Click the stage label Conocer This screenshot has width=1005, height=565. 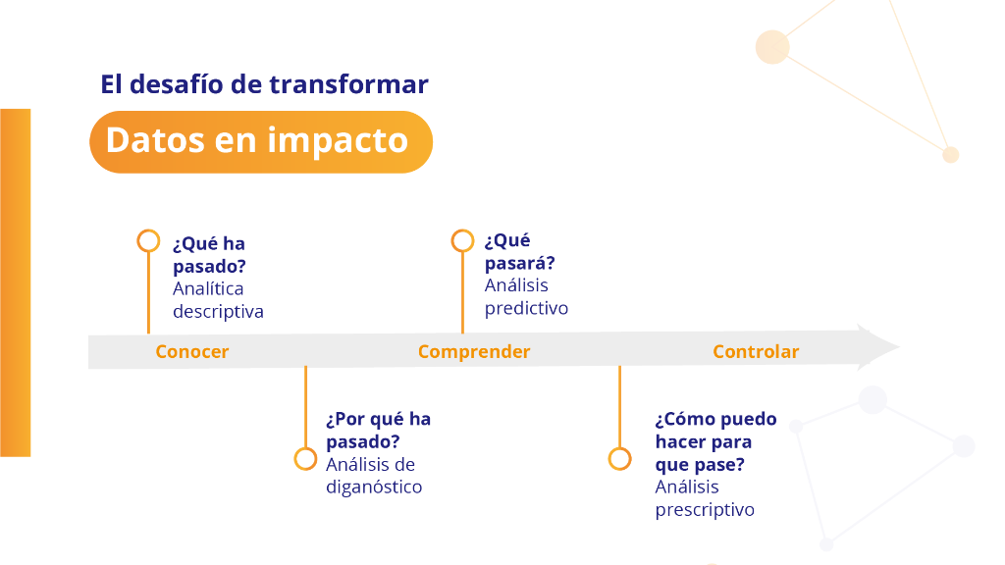coord(191,352)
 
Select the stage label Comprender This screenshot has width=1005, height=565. coord(473,352)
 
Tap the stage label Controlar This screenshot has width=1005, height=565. coord(756,352)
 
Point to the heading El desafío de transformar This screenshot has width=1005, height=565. coord(264,84)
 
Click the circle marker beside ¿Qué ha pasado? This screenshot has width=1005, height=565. coord(148,241)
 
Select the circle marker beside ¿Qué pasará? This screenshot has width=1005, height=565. coord(462,240)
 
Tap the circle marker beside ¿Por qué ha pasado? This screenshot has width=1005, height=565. coord(305,458)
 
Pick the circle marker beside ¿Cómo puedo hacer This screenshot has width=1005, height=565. coord(619,458)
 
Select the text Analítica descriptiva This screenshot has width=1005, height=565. coord(218,300)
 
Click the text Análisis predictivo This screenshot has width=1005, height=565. coord(526,296)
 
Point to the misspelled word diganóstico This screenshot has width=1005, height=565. coord(374,487)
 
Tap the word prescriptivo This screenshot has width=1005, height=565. coord(705,510)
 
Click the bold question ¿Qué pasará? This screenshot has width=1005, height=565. coord(520,252)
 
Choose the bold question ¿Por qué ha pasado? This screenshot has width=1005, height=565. coord(378,430)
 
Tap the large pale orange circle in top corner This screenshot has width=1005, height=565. coord(772,47)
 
